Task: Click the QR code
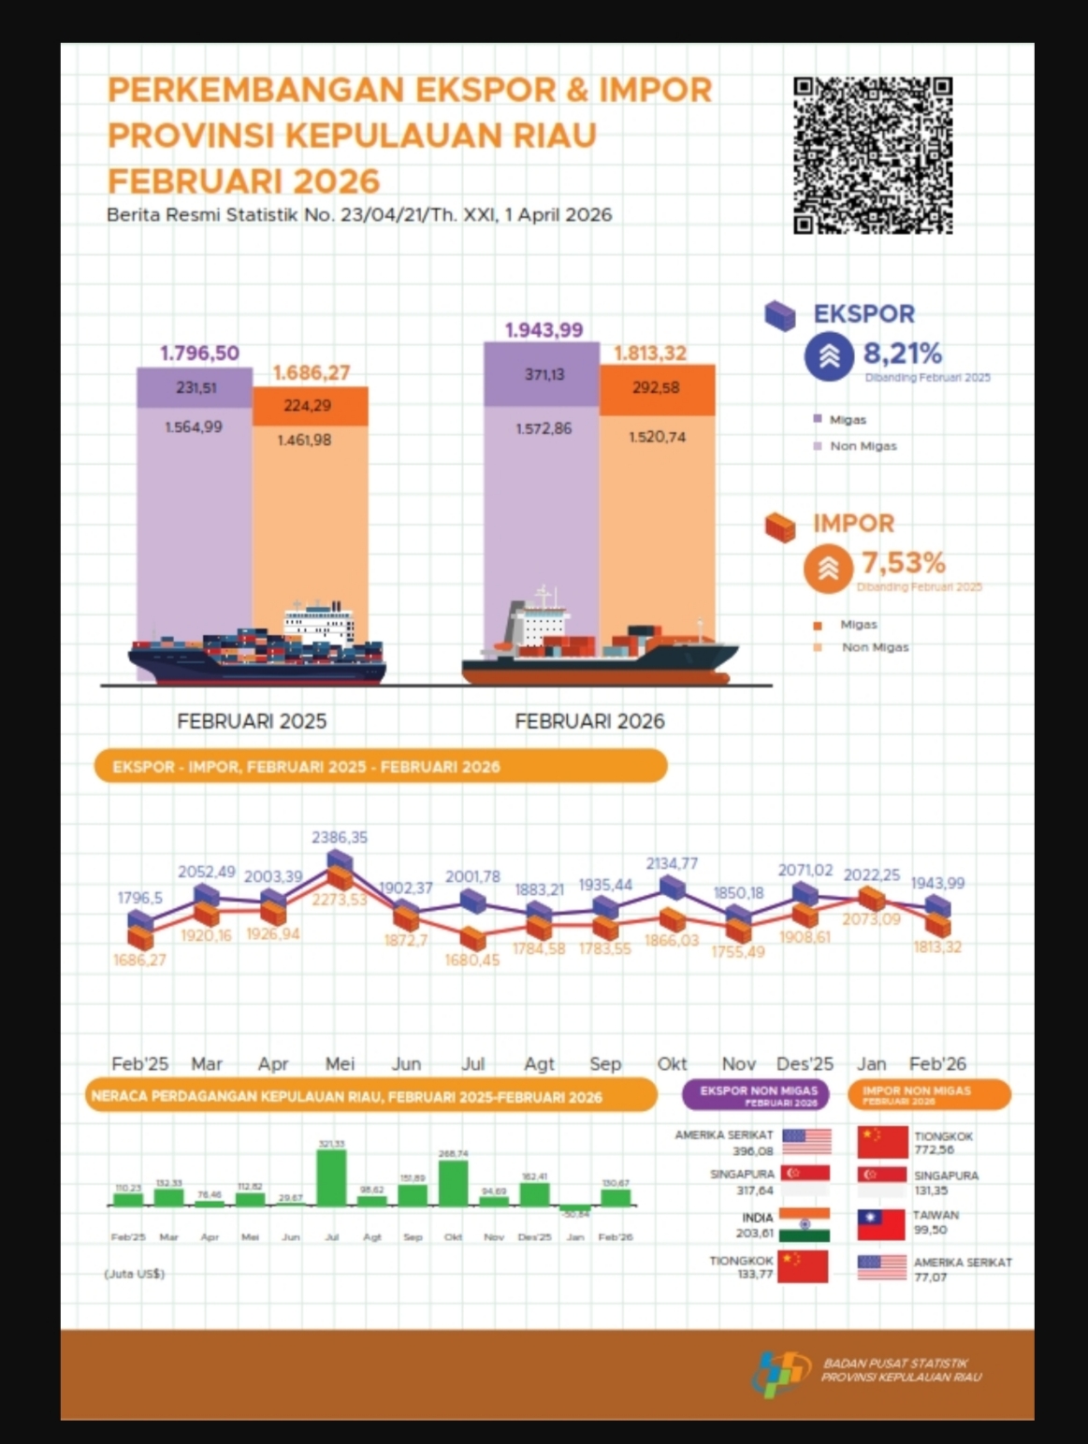[872, 155]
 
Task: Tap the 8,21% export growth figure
[902, 354]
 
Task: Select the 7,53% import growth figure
[903, 563]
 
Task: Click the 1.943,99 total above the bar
[544, 330]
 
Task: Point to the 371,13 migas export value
[544, 374]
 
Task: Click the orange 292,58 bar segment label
[656, 387]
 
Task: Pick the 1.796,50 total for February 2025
[199, 354]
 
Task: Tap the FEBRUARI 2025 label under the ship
[252, 721]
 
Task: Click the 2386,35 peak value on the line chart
[340, 837]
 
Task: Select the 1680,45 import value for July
[472, 960]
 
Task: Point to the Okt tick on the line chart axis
[672, 1063]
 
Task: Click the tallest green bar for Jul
[331, 1177]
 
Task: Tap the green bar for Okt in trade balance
[453, 1183]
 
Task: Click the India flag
[805, 1225]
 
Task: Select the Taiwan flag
[882, 1224]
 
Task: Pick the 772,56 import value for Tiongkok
[934, 1150]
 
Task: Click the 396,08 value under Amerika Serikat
[753, 1151]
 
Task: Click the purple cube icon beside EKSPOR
[779, 316]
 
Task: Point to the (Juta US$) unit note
[135, 1274]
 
